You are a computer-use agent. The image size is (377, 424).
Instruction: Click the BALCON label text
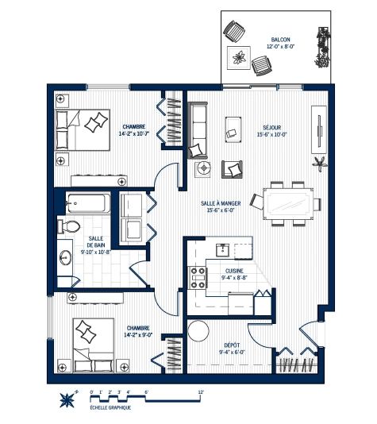[x=279, y=39]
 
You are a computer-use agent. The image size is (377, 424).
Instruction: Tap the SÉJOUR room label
[x=274, y=126]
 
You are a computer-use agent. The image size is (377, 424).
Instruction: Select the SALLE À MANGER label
[x=221, y=203]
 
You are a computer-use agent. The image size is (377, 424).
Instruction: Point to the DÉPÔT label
[x=234, y=345]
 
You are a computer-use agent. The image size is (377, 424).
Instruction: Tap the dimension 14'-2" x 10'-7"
[x=134, y=134]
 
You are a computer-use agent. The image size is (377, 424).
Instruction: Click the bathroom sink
[x=63, y=258]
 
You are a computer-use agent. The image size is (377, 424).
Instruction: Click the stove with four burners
[x=195, y=277]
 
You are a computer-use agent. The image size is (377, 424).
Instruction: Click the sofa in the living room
[x=197, y=127]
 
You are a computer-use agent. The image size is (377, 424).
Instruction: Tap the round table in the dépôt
[x=198, y=332]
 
